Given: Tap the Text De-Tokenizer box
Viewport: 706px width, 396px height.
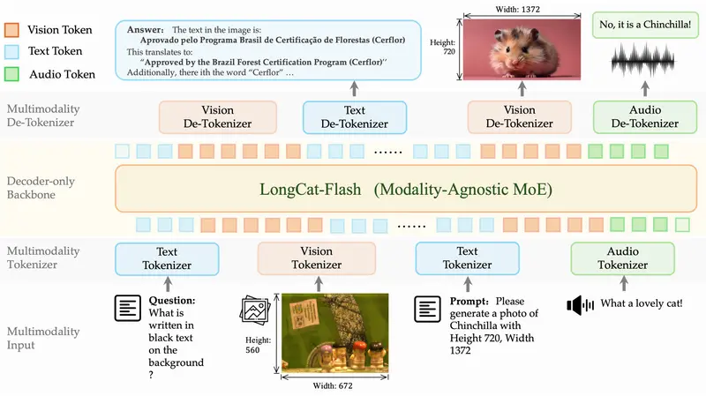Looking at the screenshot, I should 354,117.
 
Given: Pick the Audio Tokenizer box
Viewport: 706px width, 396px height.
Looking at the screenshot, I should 623,258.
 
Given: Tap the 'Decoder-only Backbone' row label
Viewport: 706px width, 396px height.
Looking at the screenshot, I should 42,188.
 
